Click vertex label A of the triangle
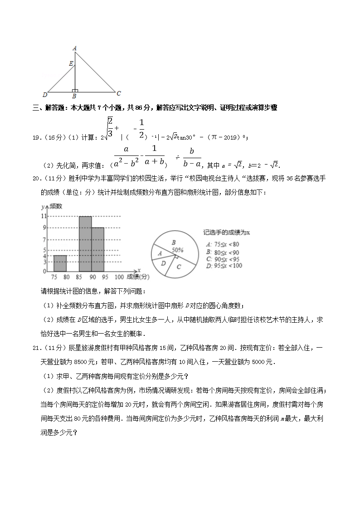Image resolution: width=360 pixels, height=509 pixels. click(74, 48)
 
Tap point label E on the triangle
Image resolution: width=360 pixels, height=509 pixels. click(71, 64)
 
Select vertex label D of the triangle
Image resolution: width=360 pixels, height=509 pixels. click(44, 95)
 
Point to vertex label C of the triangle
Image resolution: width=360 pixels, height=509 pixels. click(118, 94)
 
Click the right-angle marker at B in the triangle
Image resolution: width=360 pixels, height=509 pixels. click(75, 91)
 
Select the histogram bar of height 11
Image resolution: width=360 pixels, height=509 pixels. click(85, 244)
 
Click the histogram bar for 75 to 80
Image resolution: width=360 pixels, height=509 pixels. click(60, 263)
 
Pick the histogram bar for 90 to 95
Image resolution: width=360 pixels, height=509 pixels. click(98, 249)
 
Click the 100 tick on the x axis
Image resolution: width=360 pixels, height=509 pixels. click(119, 277)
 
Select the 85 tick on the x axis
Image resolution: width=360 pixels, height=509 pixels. click(80, 277)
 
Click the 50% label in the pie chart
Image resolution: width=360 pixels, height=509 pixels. click(177, 250)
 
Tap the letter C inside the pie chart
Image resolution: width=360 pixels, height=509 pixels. click(179, 267)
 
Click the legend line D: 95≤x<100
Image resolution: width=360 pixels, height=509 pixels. click(224, 266)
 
